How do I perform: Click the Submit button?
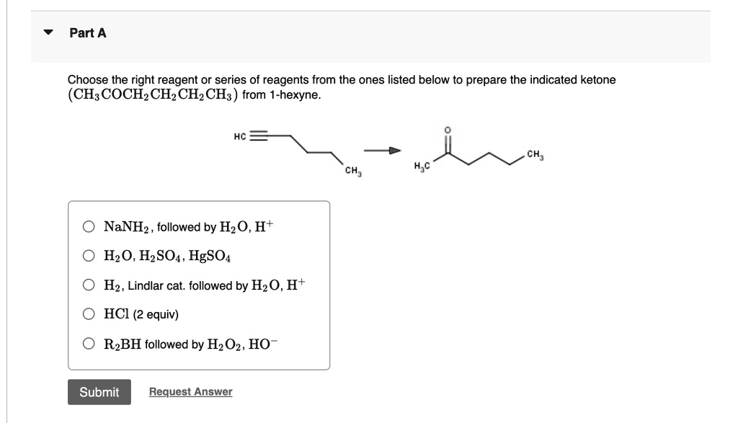point(99,392)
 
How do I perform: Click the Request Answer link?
point(190,392)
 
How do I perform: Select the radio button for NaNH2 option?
point(88,227)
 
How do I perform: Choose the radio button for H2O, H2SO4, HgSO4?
point(88,256)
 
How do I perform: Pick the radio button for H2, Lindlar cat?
point(88,285)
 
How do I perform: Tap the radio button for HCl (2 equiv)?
point(88,315)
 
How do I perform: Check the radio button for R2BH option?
point(88,344)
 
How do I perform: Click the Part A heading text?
point(88,33)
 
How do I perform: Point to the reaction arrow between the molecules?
point(381,151)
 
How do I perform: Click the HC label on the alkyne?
point(240,136)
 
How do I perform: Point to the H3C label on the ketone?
point(423,168)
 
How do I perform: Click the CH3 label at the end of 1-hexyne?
point(352,171)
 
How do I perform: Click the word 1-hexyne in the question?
point(295,95)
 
